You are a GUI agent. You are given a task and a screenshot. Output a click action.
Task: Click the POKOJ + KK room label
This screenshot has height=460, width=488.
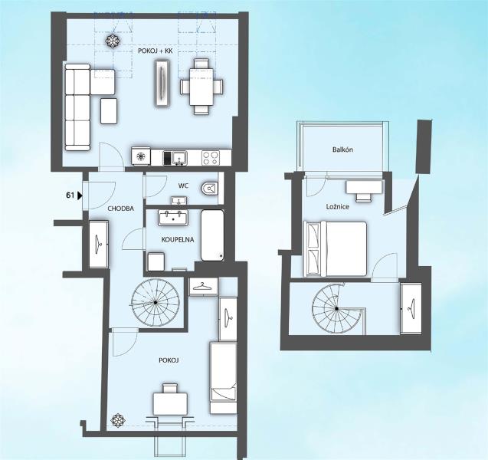click(x=155, y=51)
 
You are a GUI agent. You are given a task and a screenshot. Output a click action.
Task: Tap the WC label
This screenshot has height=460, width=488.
click(x=183, y=186)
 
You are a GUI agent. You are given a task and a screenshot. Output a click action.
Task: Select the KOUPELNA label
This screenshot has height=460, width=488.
click(x=178, y=239)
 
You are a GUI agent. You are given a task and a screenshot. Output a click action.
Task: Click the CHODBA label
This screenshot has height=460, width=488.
click(x=121, y=209)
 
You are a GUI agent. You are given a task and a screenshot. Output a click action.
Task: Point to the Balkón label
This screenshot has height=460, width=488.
click(x=342, y=149)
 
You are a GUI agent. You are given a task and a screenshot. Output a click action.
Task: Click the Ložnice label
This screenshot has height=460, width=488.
click(x=338, y=206)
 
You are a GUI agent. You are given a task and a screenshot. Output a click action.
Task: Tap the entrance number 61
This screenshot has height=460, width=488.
click(x=70, y=195)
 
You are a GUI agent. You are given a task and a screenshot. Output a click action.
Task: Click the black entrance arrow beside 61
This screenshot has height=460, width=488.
click(x=80, y=195)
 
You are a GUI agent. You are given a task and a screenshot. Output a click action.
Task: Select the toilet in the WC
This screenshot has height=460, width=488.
click(x=209, y=188)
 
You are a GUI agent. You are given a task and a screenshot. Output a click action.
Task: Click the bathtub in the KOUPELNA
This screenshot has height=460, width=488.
click(x=212, y=235)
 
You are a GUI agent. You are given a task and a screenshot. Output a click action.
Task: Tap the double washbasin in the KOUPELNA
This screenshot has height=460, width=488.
click(x=173, y=218)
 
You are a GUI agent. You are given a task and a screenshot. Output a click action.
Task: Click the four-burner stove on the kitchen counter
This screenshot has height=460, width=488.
click(x=211, y=158)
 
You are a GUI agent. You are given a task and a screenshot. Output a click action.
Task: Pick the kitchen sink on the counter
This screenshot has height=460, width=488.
click(x=179, y=158)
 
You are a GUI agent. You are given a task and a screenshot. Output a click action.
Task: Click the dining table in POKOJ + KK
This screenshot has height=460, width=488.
click(x=201, y=87)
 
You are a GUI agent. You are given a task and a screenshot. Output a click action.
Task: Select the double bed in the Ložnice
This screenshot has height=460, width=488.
click(x=336, y=249)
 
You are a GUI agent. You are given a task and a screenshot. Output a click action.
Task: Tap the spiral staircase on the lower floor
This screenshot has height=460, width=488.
click(x=156, y=302)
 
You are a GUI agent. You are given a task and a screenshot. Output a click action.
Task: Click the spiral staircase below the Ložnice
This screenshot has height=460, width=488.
click(x=336, y=309)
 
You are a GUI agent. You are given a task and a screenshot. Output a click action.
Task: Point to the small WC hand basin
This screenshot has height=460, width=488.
click(x=179, y=200)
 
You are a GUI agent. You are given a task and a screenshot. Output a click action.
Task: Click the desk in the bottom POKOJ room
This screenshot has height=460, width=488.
click(x=170, y=404)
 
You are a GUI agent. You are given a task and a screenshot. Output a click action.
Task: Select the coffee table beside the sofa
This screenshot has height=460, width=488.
click(x=109, y=111)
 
